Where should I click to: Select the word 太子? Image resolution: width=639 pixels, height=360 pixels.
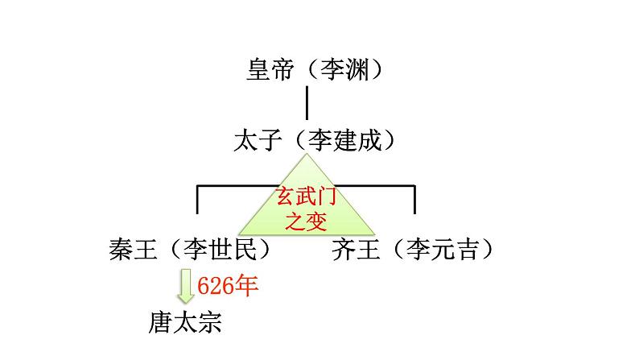pos(257,142)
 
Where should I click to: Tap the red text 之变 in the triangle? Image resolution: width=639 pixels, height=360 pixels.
pos(307,217)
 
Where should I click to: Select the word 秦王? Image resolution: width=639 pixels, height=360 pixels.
pos(133,250)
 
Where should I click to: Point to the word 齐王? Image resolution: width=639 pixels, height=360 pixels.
pos(357,250)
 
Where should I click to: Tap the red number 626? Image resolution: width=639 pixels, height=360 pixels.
pos(215,286)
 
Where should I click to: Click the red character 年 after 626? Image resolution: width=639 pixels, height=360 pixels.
pos(246,286)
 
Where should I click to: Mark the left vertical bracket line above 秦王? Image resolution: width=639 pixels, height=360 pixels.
pos(199,200)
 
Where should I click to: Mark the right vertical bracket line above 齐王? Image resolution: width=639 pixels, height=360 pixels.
pos(414,200)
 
